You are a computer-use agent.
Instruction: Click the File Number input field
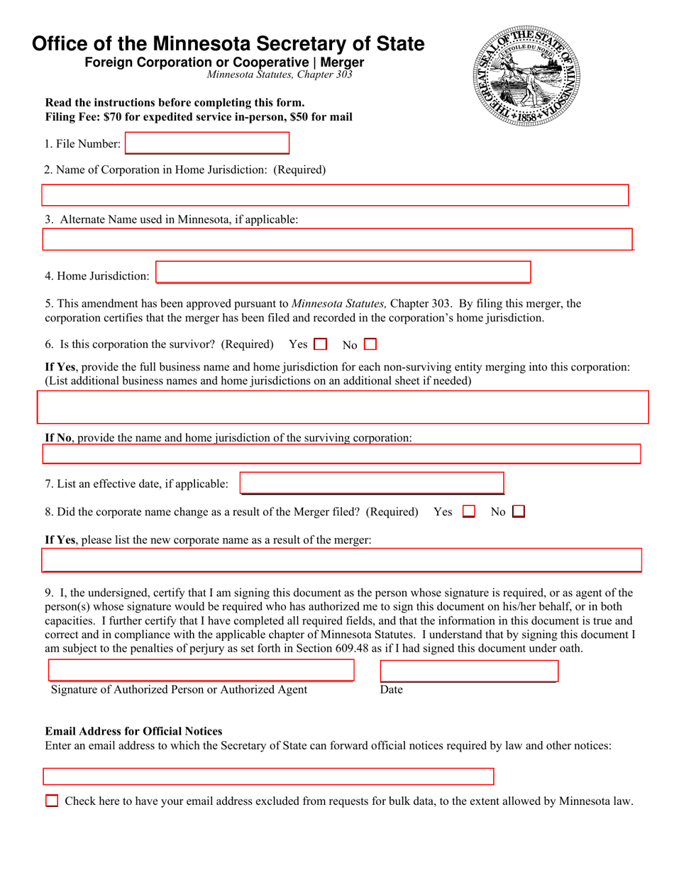pos(207,143)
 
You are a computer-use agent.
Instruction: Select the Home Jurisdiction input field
pos(343,273)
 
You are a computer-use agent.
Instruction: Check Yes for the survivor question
pos(319,345)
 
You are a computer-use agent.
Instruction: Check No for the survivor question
pos(370,345)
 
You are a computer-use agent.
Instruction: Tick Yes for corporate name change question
pos(468,511)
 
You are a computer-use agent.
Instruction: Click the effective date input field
pos(372,483)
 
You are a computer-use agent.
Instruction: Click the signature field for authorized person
pos(201,671)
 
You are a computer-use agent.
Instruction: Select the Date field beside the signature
pos(469,671)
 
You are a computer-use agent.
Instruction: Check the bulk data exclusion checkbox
pos(52,801)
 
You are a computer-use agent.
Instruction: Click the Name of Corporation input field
pos(335,195)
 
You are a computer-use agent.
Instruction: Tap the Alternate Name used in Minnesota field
pos(337,240)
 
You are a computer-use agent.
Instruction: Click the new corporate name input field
pos(341,560)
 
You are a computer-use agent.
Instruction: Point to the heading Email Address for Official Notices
pos(133,731)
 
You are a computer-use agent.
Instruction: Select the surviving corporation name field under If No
pos(341,454)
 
